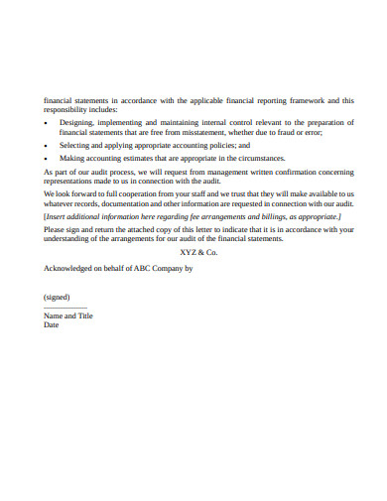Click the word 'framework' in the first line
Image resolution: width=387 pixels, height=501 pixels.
(x=304, y=100)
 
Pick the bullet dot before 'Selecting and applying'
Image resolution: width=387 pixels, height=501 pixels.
(x=47, y=144)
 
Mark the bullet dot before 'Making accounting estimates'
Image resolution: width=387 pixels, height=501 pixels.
(x=47, y=158)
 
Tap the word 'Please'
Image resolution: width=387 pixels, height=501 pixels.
(x=55, y=229)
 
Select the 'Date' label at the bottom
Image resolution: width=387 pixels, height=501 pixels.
(x=52, y=324)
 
